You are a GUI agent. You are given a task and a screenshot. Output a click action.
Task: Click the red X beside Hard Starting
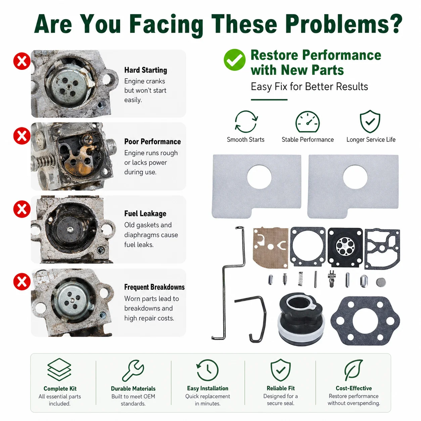[x=22, y=61]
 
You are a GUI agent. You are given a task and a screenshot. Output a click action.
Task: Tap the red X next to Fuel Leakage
[x=22, y=209]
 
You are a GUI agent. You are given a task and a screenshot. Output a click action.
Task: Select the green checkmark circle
[x=234, y=60]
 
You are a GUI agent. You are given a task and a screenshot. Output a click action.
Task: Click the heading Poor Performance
[x=152, y=142]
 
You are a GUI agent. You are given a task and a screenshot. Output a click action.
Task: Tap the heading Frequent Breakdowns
[x=154, y=287]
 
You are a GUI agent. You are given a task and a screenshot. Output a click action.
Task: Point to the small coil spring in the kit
[x=300, y=279]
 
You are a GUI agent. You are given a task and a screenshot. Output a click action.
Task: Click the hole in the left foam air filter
[x=259, y=177]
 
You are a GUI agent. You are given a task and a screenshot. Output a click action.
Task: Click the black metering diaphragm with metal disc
[x=345, y=247]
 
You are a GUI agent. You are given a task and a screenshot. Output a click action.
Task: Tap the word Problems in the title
[x=344, y=24]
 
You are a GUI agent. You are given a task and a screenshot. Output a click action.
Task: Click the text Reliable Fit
[x=281, y=388]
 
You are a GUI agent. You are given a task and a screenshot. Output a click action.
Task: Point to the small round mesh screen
[x=381, y=282]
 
